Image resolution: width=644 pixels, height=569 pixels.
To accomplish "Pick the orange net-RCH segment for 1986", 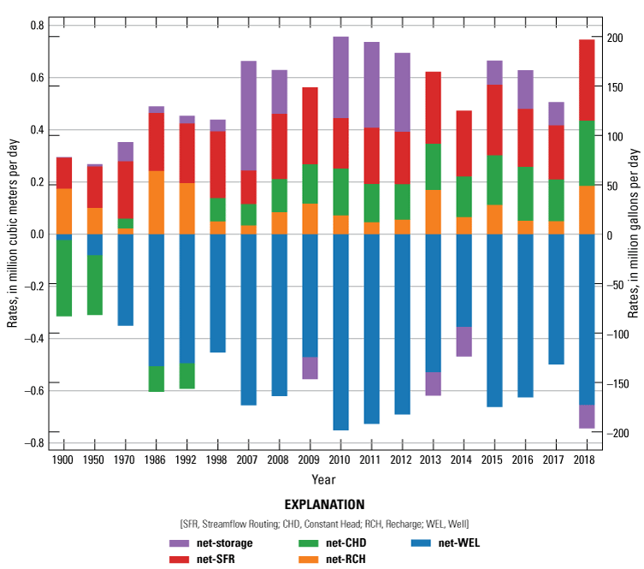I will [x=156, y=203].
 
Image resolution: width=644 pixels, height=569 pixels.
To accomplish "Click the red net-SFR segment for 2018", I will [x=587, y=80].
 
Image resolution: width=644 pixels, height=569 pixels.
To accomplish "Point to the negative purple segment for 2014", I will [x=464, y=341].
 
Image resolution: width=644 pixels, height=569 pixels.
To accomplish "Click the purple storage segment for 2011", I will [x=371, y=85].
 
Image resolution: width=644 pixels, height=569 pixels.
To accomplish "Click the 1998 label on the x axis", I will [x=217, y=459].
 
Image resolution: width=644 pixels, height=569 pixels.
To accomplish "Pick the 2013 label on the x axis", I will [x=433, y=459].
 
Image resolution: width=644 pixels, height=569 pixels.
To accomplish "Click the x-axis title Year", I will [x=323, y=478].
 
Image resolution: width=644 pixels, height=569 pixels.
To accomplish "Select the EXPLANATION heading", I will [x=323, y=505].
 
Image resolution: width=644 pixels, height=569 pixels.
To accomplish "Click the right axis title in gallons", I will [x=634, y=234].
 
